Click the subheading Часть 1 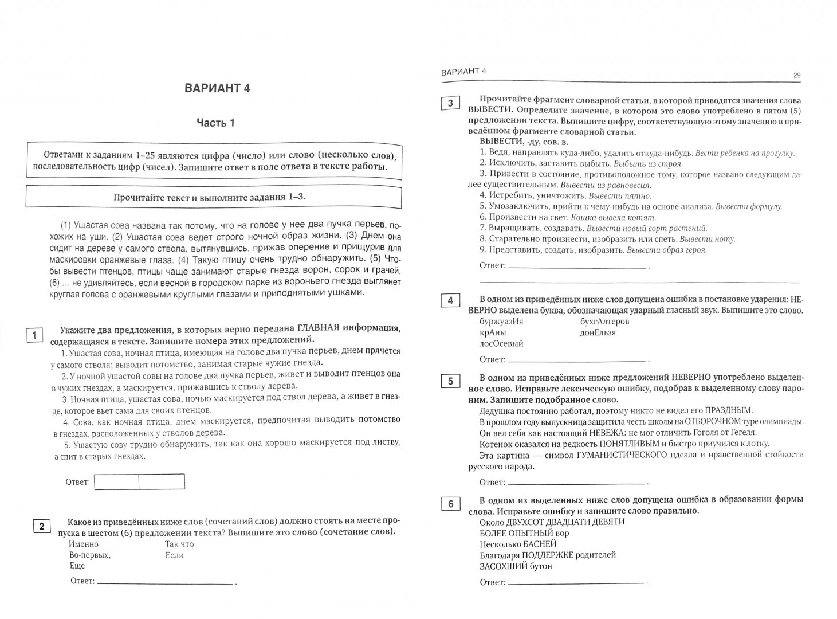216,123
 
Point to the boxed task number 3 450,103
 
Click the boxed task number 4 450,301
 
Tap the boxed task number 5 450,381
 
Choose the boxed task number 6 450,504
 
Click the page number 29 797,75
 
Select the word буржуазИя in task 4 501,322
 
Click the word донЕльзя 598,332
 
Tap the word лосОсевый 501,344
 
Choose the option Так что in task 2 179,544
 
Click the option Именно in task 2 84,544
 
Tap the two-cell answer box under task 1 139,482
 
